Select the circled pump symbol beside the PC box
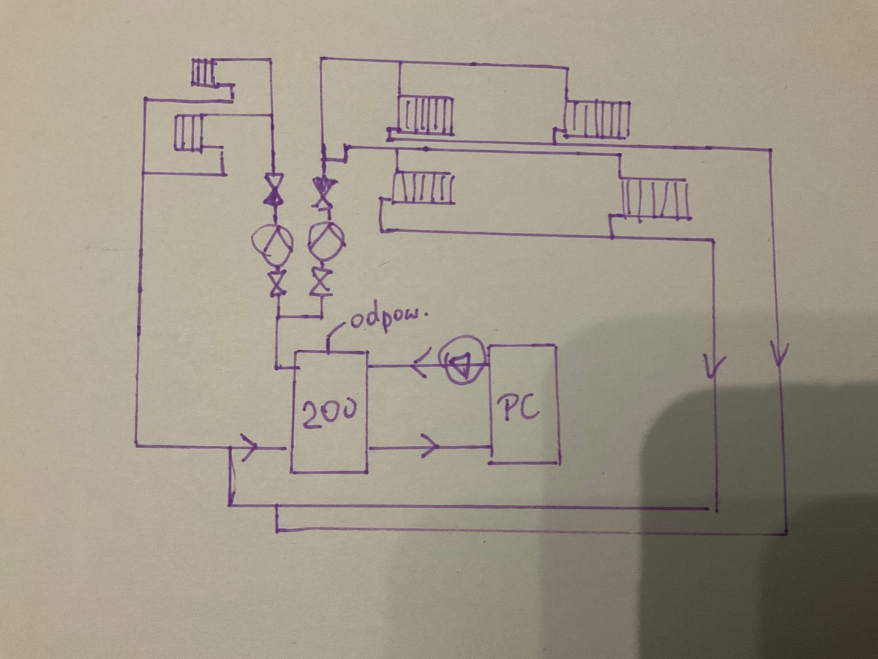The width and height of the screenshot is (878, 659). tap(461, 359)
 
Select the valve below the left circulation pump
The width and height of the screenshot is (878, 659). tap(277, 283)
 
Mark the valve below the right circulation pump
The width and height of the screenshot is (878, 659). tap(320, 281)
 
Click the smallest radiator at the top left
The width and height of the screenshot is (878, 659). tap(203, 73)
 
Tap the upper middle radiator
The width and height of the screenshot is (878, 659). tap(426, 115)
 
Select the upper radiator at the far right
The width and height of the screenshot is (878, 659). tap(599, 119)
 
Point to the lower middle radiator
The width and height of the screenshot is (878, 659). tap(423, 187)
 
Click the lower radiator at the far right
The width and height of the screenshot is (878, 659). tap(656, 198)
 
